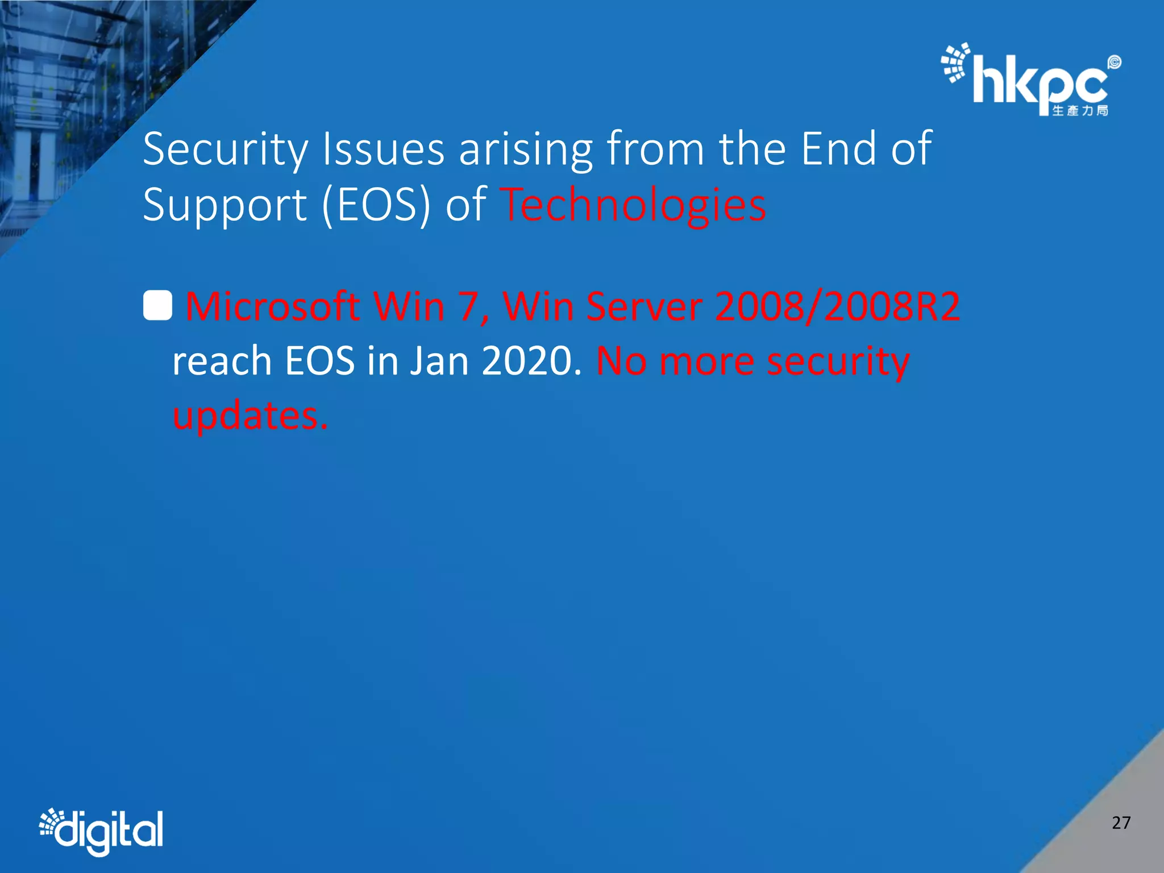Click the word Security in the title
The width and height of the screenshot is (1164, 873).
coord(225,149)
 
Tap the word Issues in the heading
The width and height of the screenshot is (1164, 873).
coord(383,149)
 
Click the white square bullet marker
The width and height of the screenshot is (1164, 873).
coord(157,306)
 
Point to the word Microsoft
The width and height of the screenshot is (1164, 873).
coord(273,306)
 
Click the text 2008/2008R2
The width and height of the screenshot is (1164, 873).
coord(837,306)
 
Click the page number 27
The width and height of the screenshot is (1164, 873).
coord(1121,822)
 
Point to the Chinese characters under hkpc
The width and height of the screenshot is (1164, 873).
coord(1080,110)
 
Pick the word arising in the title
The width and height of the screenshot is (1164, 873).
coord(526,149)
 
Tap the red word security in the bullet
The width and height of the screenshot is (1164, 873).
coord(838,361)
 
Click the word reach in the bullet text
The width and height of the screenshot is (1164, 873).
coord(222,361)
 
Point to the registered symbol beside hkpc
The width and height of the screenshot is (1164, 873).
coord(1115,62)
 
